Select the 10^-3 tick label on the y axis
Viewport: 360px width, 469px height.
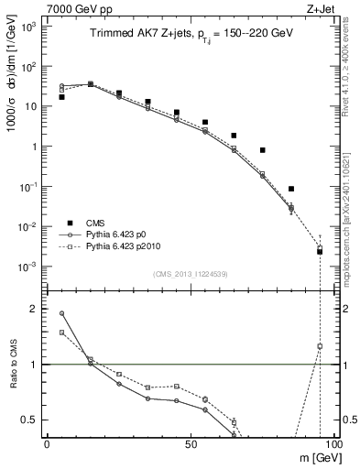click(28, 267)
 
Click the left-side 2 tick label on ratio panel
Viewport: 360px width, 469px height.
click(32, 310)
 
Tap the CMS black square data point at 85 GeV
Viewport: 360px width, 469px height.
click(291, 189)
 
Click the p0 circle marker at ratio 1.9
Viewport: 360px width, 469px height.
click(61, 313)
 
